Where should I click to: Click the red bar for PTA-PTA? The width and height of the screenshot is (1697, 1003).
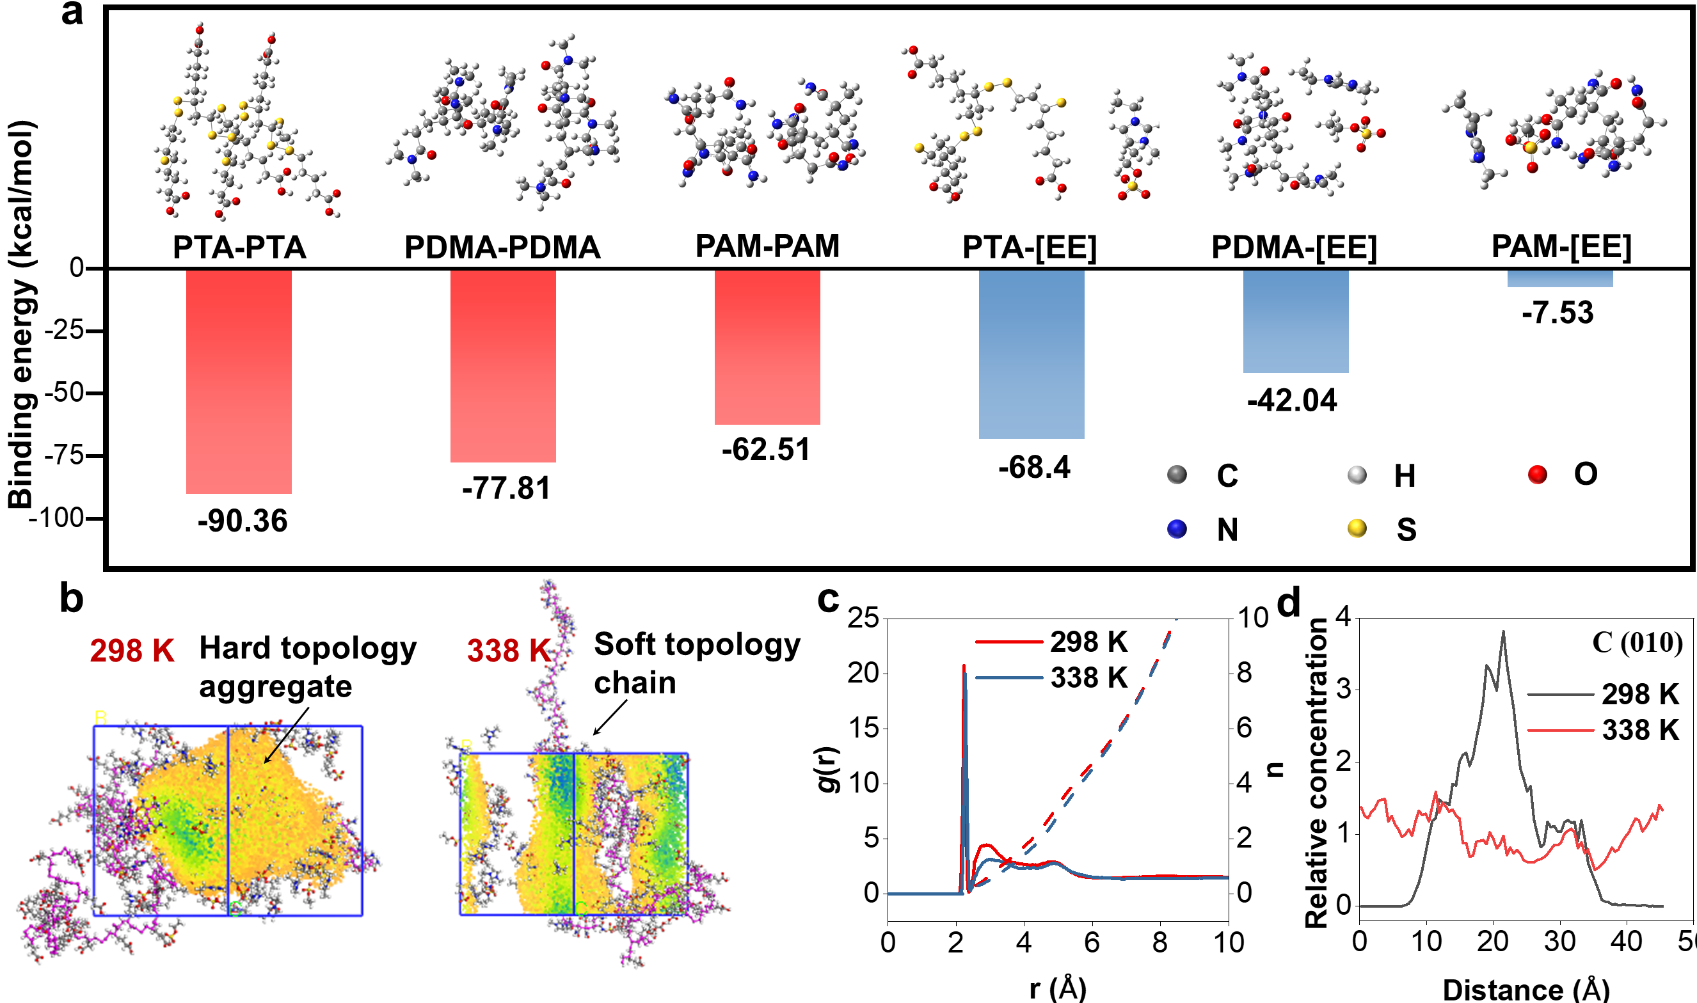point(239,381)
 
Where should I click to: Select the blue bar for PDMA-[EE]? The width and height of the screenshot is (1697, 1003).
point(1295,321)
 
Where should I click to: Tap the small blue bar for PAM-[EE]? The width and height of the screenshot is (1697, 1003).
point(1560,278)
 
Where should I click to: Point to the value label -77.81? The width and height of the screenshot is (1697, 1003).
point(506,488)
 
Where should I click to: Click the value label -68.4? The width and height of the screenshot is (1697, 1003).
point(1035,467)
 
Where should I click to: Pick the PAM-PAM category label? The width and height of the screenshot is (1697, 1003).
point(767,246)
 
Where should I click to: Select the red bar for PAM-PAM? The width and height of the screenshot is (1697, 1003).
point(767,347)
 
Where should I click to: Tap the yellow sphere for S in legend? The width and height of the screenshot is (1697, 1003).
point(1357,528)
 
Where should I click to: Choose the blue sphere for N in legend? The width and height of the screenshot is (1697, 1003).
point(1177,528)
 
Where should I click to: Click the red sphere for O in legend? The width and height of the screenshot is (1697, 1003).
point(1538,475)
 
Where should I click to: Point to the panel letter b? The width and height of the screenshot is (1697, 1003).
point(72,599)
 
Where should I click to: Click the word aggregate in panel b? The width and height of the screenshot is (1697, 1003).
point(275,687)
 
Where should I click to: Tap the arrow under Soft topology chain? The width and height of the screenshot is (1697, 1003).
point(610,717)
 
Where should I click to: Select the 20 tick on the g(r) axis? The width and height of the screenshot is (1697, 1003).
point(863,673)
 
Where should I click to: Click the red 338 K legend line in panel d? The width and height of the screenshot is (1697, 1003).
point(1561,730)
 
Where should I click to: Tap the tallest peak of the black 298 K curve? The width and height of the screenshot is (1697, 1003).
point(1504,632)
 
